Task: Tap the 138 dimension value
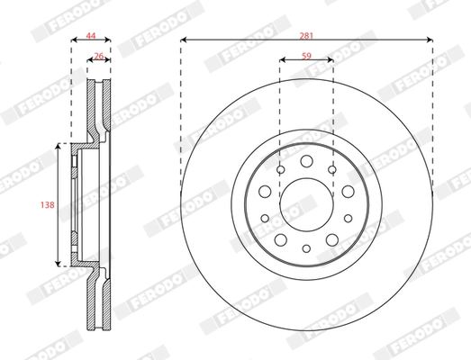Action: tap(48, 205)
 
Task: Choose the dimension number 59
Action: tap(306, 54)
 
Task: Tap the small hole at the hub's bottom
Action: tap(306, 248)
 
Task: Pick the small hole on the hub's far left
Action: tap(263, 191)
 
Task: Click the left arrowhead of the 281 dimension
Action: tap(184, 40)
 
